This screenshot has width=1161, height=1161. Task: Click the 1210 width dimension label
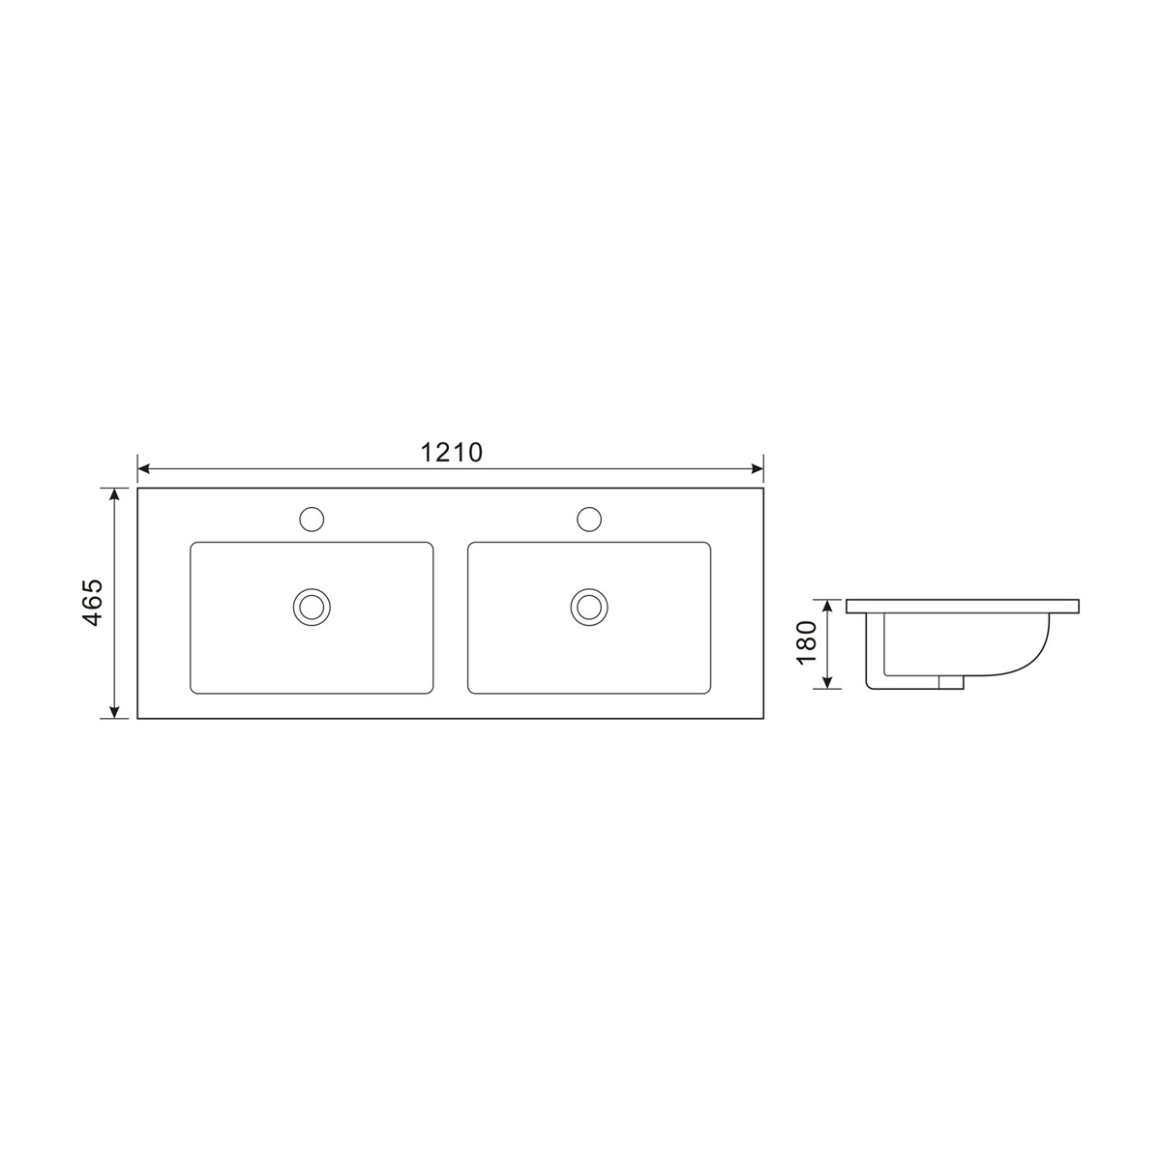coord(451,453)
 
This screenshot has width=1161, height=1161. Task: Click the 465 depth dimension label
coord(93,603)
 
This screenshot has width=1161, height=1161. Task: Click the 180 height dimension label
coord(807,643)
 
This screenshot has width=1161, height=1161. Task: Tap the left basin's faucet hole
coord(312,520)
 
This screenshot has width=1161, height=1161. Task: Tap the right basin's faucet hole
coord(588,520)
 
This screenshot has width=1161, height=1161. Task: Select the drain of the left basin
coord(312,607)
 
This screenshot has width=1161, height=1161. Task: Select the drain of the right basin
coord(588,607)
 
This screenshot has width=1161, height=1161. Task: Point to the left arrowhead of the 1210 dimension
coord(143,469)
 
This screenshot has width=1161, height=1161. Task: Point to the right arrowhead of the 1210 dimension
coord(758,469)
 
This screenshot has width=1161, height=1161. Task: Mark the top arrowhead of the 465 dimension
coord(114,494)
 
